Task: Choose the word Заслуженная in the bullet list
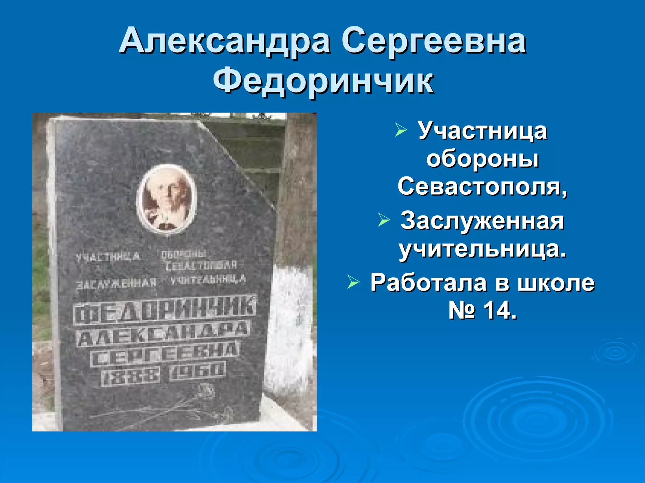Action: click(482, 221)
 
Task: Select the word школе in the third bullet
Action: click(556, 282)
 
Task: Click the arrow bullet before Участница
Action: click(401, 130)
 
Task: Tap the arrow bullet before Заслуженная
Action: click(384, 220)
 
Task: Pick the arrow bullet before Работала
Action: click(353, 282)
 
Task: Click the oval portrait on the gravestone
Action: click(167, 199)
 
